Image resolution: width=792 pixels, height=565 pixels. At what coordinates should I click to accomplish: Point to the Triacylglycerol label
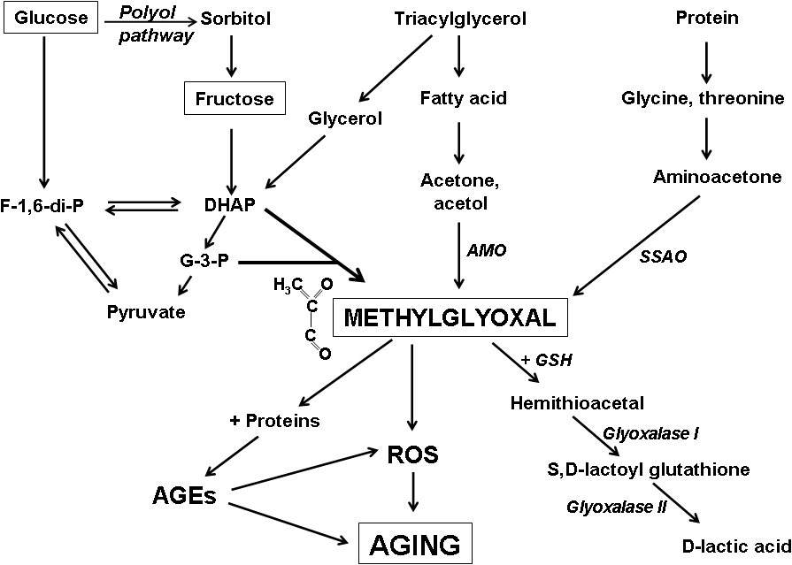click(x=459, y=19)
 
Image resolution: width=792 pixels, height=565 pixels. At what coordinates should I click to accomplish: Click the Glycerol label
click(x=345, y=119)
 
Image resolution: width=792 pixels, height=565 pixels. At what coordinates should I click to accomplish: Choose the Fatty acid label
click(x=463, y=98)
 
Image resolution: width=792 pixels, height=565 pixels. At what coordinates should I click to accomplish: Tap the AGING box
click(x=414, y=542)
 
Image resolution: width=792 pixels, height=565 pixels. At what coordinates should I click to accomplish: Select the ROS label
click(x=413, y=455)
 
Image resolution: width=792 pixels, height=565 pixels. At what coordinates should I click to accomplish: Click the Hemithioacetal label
click(x=565, y=403)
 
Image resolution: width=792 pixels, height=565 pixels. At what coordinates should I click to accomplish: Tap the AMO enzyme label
click(x=487, y=251)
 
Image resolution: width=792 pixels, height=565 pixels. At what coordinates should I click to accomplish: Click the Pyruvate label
click(x=147, y=312)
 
